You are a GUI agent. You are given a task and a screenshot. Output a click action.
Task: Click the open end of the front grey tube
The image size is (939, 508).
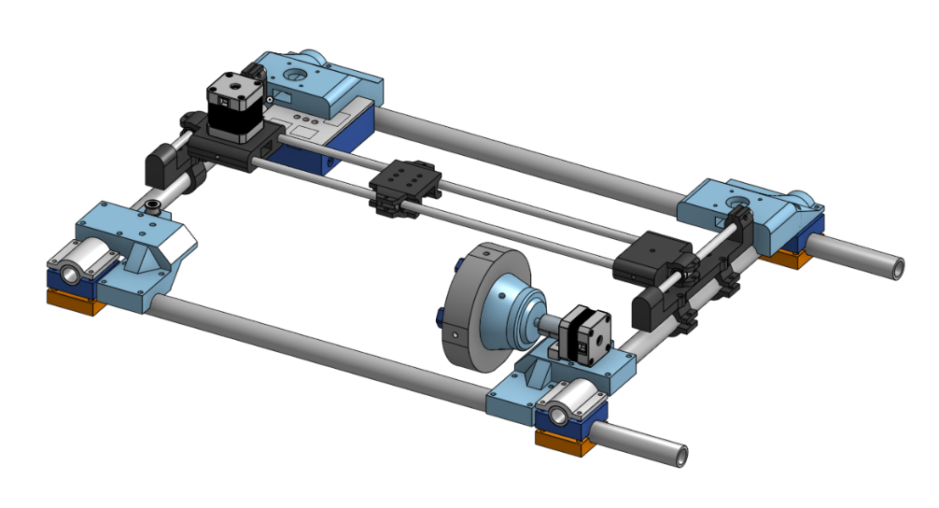[679, 454]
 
